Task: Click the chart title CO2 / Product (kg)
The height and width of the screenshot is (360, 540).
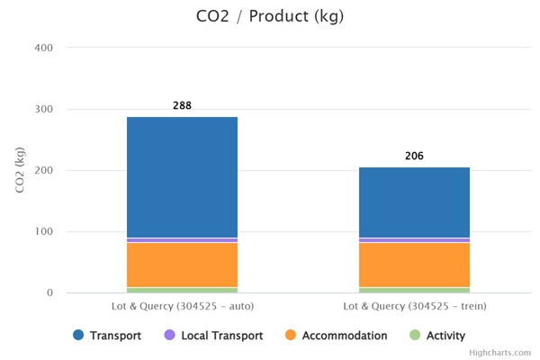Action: click(269, 16)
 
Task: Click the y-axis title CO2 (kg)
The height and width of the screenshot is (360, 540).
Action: click(20, 169)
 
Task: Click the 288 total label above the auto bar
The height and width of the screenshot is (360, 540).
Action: click(182, 106)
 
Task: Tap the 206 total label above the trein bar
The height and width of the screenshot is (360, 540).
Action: click(414, 157)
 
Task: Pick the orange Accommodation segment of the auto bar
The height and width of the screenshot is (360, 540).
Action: click(182, 265)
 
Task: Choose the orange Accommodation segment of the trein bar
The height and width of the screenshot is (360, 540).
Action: click(414, 265)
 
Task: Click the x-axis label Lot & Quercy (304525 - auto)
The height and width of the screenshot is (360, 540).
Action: click(182, 306)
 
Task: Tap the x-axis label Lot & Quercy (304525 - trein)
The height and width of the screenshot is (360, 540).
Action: click(414, 306)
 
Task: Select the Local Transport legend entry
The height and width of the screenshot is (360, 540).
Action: click(212, 336)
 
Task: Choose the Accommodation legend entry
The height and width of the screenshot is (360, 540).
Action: click(335, 336)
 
